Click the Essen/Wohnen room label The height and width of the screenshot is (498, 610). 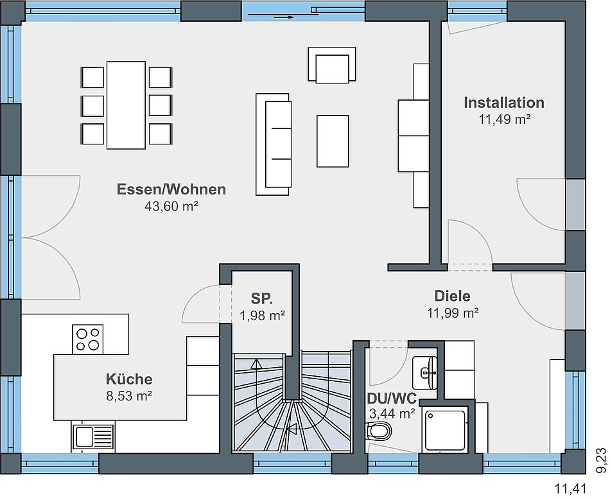point(171,189)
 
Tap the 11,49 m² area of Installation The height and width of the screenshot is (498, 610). point(504,119)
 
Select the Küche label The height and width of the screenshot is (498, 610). point(129,379)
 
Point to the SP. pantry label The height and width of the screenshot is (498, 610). point(262,298)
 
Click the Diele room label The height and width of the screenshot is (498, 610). point(453,296)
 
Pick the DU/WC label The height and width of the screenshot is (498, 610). point(392,399)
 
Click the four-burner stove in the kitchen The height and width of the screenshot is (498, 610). point(87,339)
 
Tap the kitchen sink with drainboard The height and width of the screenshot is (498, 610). point(93,437)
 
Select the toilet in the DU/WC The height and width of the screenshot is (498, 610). point(379,431)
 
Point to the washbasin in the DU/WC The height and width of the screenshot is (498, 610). point(425,373)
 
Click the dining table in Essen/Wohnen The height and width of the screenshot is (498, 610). point(126,105)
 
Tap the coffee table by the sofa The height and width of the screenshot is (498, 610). point(333,141)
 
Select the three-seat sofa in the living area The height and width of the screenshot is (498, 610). point(273,144)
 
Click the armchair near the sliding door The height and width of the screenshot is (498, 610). point(332,65)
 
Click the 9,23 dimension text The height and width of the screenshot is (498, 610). point(602,460)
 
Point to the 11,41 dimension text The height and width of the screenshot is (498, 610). point(570,488)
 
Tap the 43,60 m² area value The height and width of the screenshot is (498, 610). point(171,206)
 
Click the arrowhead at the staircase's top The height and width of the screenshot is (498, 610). point(256,364)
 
